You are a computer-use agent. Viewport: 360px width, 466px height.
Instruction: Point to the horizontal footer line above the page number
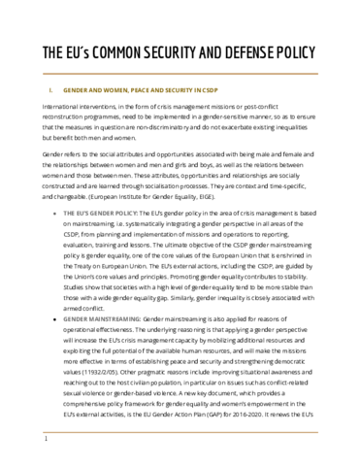(x=180, y=431)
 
